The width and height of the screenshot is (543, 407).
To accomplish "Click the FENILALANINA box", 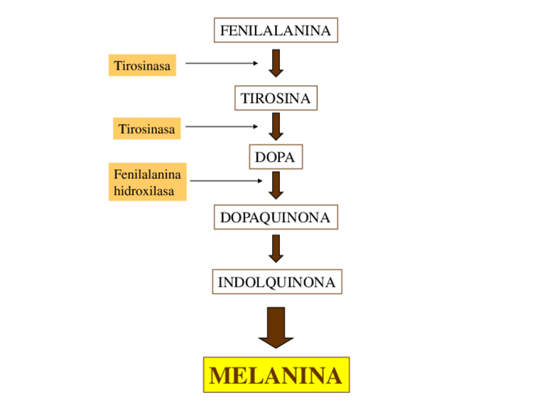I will pyautogui.click(x=275, y=30).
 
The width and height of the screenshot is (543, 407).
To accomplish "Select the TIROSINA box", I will pyautogui.click(x=275, y=99).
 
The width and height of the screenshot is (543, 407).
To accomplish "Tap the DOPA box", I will pyautogui.click(x=275, y=157).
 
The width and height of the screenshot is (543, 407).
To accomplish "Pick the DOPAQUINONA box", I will pyautogui.click(x=275, y=218).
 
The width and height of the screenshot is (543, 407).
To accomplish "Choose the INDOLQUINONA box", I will pyautogui.click(x=277, y=282).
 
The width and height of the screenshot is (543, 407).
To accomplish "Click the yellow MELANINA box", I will pyautogui.click(x=276, y=375).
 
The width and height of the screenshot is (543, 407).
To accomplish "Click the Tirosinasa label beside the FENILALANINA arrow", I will pyautogui.click(x=142, y=65).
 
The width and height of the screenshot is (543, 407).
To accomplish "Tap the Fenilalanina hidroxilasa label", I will pyautogui.click(x=147, y=182).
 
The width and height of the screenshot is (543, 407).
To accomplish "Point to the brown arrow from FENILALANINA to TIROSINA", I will pyautogui.click(x=276, y=63).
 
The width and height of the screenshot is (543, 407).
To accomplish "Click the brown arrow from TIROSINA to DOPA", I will pyautogui.click(x=276, y=126).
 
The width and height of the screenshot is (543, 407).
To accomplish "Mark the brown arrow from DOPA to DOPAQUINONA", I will pyautogui.click(x=276, y=185).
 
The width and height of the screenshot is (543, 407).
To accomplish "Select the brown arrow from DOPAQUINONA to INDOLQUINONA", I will pyautogui.click(x=276, y=248).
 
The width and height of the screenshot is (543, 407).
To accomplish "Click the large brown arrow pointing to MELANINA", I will pyautogui.click(x=276, y=327).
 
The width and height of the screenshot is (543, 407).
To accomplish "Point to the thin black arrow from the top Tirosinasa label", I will pyautogui.click(x=221, y=63).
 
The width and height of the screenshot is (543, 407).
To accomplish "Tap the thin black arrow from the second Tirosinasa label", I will pyautogui.click(x=221, y=127).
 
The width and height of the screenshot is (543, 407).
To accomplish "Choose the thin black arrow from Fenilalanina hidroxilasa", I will pyautogui.click(x=225, y=181).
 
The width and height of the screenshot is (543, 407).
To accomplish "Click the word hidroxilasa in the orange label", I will pyautogui.click(x=144, y=191).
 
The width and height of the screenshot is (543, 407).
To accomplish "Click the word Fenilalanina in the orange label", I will pyautogui.click(x=147, y=174).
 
